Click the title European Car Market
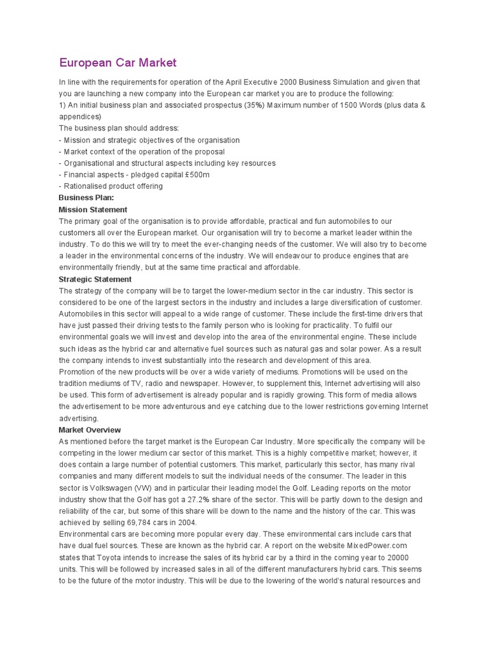118,62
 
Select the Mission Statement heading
93,209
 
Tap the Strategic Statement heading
95,279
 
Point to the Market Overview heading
90,430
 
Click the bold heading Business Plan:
86,198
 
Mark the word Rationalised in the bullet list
84,186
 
